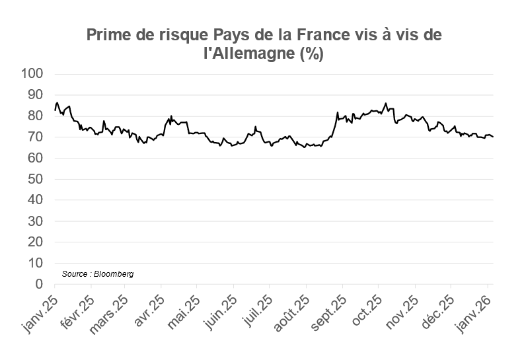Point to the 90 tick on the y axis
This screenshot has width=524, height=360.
[x=36, y=95]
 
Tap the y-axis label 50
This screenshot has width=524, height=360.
[x=36, y=179]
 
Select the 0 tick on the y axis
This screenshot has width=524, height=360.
[x=39, y=285]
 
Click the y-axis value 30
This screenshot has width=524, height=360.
[x=36, y=221]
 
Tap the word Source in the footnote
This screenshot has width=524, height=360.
[x=74, y=273]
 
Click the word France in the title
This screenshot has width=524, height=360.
[x=317, y=35]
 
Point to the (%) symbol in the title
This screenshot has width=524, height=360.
[x=310, y=54]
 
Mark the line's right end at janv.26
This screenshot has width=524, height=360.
[x=493, y=137]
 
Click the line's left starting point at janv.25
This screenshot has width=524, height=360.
[x=55, y=109]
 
